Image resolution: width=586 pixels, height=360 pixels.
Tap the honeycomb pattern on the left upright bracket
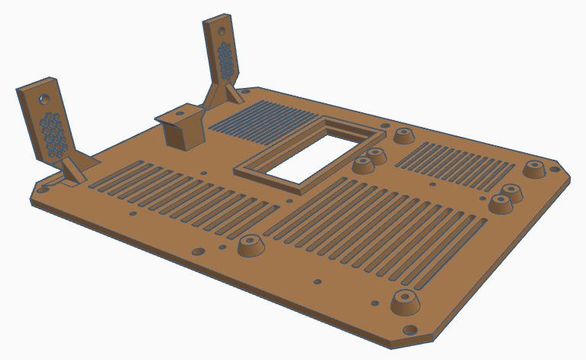point(54,135)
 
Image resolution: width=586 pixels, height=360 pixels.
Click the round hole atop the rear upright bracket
point(220,33)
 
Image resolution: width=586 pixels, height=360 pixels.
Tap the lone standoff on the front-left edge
point(251,246)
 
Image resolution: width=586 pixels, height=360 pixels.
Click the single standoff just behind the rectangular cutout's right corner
point(403,137)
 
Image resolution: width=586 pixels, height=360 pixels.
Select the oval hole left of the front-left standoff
point(198,251)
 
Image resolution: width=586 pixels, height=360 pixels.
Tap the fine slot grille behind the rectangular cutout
point(260,121)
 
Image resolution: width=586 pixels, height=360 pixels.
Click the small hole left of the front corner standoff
point(375,303)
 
